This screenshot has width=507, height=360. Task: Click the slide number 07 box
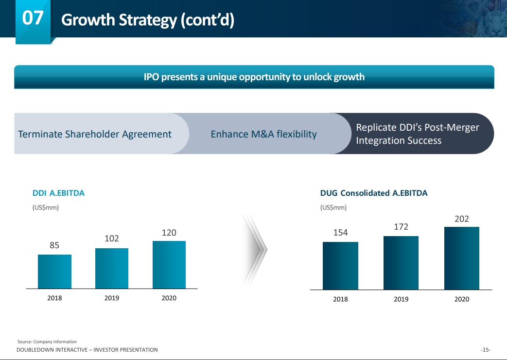pos(33,19)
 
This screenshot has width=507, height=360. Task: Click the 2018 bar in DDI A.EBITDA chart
pos(54,272)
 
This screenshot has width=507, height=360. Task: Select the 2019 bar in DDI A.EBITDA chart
pos(112,268)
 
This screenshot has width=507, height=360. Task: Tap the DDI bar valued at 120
pos(169,265)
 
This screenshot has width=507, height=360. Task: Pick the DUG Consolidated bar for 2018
pos(340,266)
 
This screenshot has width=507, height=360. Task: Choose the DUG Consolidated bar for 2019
pos(401,263)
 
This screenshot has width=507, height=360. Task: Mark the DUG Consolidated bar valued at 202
pos(462,258)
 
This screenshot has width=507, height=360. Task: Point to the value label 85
pos(54,245)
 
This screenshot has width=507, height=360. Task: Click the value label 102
pos(112,239)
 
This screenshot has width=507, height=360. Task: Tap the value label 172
pos(401,227)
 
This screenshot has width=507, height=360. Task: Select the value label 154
pos(340,233)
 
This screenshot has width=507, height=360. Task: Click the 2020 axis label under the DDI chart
pos(169,298)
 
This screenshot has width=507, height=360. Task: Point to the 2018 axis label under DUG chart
pos(340,299)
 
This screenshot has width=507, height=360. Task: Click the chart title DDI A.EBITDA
pos(58,193)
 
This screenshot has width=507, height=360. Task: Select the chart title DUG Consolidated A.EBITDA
pos(374,193)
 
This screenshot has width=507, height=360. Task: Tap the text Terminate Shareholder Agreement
pos(95,134)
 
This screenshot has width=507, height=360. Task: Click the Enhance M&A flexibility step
pos(263,134)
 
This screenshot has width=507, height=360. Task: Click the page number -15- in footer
pos(485,350)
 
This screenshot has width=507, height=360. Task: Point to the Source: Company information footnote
pos(47,342)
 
